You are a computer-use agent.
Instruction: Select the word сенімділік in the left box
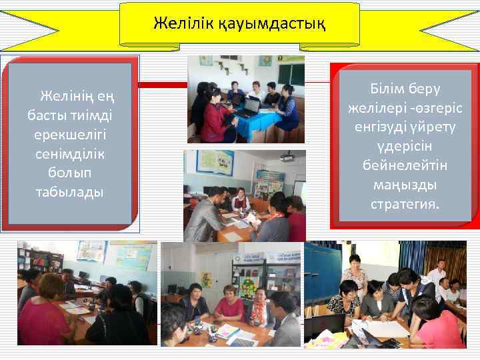(x=70, y=153)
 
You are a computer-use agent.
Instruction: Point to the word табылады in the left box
(x=70, y=192)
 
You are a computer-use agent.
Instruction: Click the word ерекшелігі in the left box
(x=70, y=134)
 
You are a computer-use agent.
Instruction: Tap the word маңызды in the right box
(x=406, y=185)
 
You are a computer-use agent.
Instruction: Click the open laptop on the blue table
(x=249, y=106)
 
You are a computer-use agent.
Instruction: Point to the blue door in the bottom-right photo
(x=320, y=273)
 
